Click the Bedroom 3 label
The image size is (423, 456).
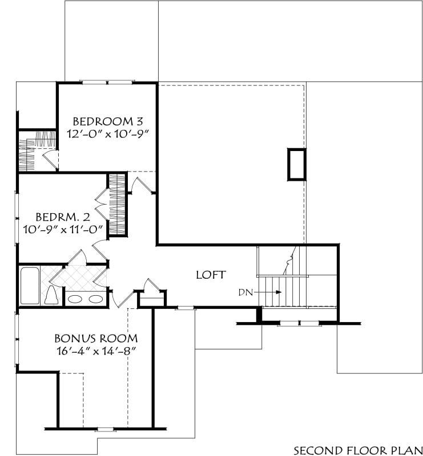tap(108, 121)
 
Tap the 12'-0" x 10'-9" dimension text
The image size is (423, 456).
tap(108, 134)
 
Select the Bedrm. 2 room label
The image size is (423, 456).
tap(63, 217)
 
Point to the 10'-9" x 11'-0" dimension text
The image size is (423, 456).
tap(63, 230)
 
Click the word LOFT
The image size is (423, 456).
tap(211, 275)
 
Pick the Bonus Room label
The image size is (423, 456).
tap(96, 339)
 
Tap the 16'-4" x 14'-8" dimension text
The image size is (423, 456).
tap(96, 351)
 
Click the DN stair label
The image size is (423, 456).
tap(245, 292)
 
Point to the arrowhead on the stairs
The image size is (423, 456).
tap(279, 292)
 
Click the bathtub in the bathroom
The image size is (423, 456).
tap(30, 286)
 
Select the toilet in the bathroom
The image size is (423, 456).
tap(52, 295)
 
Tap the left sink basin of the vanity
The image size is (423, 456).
tap(75, 299)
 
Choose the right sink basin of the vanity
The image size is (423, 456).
tap(95, 299)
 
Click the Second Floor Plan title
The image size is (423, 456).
tap(358, 450)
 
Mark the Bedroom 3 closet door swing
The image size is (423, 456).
tap(50, 160)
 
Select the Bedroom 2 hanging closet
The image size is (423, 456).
tap(117, 204)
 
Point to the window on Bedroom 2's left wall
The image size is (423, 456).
tap(17, 218)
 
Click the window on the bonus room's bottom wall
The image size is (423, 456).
tap(105, 429)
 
